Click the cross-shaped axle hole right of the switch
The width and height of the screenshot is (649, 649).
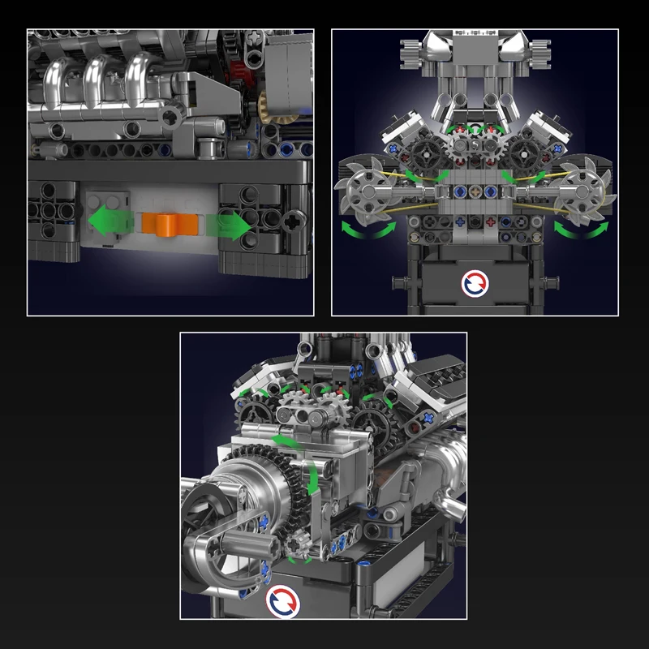tap(290, 218)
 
